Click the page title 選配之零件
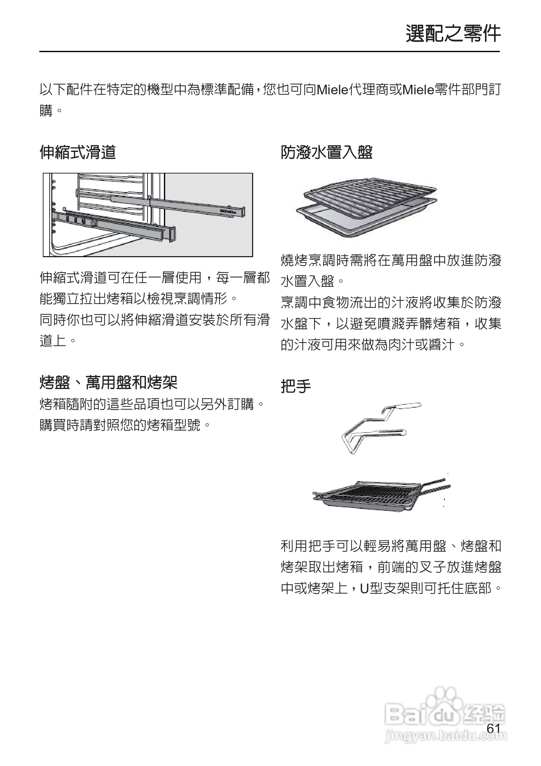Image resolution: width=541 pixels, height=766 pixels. [453, 34]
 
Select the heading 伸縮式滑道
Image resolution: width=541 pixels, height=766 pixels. [77, 153]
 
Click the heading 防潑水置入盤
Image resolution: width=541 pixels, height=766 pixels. [327, 153]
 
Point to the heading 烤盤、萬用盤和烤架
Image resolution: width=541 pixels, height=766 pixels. [108, 382]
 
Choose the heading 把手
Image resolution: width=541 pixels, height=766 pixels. [295, 386]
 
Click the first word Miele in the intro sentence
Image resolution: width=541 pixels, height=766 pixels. [332, 90]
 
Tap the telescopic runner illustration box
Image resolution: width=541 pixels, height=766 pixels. [148, 215]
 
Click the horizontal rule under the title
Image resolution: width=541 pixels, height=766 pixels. [269, 52]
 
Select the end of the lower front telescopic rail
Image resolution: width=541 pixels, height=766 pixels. [172, 233]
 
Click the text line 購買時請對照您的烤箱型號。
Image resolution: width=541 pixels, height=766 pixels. [125, 425]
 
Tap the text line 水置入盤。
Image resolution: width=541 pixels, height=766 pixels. [312, 281]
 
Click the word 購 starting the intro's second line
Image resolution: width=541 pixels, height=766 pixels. [46, 110]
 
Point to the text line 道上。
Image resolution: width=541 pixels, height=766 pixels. [58, 341]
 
